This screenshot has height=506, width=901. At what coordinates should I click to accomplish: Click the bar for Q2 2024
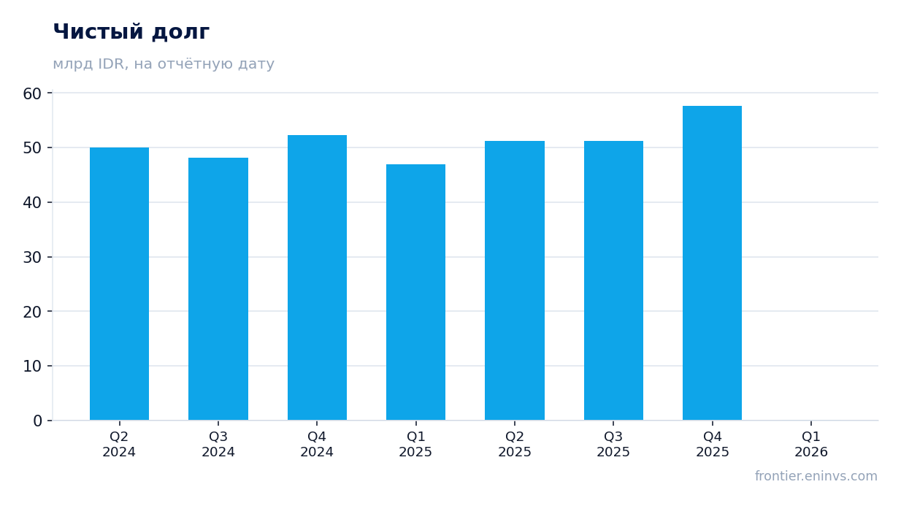click(119, 284)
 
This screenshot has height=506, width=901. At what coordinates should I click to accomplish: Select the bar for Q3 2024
click(218, 289)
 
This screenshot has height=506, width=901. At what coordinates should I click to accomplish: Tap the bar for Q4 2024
click(317, 278)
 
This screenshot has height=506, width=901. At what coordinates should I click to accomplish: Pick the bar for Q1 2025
click(415, 292)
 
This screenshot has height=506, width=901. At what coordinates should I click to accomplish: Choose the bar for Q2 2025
click(515, 281)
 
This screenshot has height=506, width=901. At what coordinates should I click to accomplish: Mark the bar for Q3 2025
click(613, 281)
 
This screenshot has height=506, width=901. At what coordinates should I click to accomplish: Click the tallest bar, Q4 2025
click(712, 263)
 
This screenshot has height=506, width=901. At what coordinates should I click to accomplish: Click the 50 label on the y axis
click(32, 148)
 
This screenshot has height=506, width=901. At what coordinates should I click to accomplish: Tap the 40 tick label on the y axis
click(32, 203)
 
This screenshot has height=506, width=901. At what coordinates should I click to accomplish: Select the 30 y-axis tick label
click(32, 258)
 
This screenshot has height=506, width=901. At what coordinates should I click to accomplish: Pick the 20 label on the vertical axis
click(32, 312)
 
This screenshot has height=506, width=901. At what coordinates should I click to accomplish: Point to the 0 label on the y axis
click(37, 421)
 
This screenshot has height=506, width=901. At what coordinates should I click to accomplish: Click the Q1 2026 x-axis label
click(811, 445)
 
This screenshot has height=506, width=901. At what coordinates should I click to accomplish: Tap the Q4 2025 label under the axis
click(713, 445)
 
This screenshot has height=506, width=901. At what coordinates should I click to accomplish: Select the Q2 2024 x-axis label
click(119, 445)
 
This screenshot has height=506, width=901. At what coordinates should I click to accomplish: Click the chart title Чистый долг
click(131, 32)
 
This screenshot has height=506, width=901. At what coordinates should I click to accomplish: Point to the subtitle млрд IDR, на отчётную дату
click(164, 64)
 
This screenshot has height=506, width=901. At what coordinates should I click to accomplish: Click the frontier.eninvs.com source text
click(816, 476)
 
